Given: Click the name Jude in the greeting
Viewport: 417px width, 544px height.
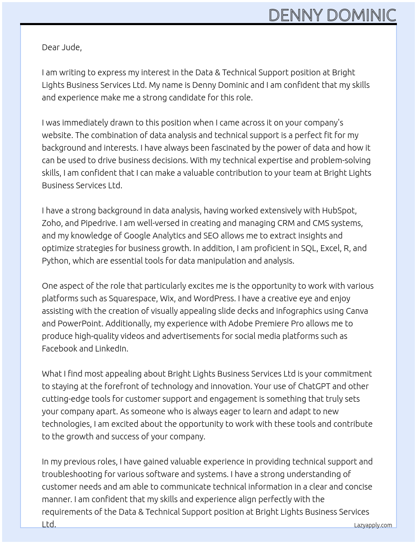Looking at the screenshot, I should click(71, 47).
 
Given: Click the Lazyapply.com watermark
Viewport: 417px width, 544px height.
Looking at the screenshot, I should click(373, 525).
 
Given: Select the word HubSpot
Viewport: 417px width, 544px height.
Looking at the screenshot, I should click(339, 210).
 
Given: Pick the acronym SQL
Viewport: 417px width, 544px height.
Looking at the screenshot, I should click(309, 248).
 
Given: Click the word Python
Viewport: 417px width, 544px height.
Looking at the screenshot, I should click(56, 261).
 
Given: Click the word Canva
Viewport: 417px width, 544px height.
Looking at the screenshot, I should click(357, 311).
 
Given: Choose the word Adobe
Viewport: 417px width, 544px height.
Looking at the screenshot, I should click(241, 323).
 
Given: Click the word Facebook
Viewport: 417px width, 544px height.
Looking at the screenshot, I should click(59, 349).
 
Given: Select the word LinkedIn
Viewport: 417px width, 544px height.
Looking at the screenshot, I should click(111, 349).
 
